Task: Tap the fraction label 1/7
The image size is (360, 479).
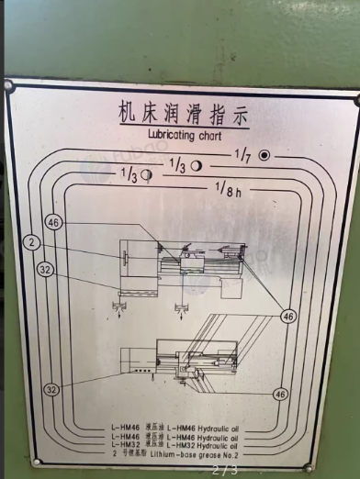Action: click(x=242, y=153)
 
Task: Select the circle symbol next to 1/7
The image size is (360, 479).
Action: click(x=264, y=154)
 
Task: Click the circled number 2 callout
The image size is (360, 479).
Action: click(x=31, y=242)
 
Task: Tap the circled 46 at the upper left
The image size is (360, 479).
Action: click(x=52, y=223)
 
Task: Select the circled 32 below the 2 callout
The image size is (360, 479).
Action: click(x=45, y=270)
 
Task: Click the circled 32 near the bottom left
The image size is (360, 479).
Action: click(x=51, y=390)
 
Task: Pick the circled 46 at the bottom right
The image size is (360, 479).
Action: click(x=280, y=394)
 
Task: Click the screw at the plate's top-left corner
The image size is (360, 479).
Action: click(x=9, y=86)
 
